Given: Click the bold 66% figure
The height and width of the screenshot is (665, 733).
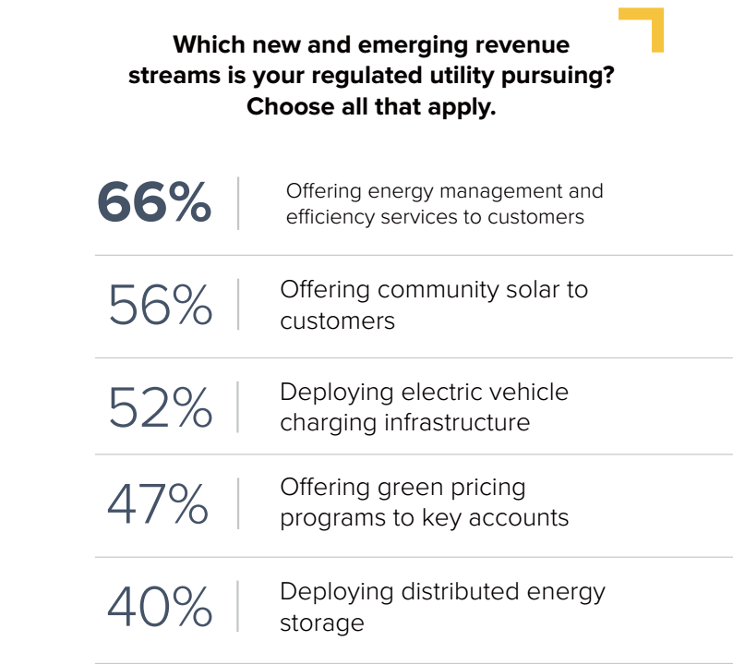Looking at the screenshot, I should pyautogui.click(x=154, y=203).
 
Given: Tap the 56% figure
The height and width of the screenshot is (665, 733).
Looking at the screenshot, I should pyautogui.click(x=160, y=305).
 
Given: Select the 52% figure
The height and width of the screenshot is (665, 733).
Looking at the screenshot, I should pyautogui.click(x=160, y=407).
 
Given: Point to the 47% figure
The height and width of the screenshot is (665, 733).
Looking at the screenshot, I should pyautogui.click(x=158, y=503).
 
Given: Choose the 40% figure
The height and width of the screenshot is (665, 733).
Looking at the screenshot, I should pyautogui.click(x=160, y=607).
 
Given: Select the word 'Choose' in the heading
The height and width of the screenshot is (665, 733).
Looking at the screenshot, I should pyautogui.click(x=292, y=107).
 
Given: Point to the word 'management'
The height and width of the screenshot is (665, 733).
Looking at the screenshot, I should pyautogui.click(x=500, y=191).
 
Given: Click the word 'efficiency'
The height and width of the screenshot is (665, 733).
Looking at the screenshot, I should pyautogui.click(x=329, y=217).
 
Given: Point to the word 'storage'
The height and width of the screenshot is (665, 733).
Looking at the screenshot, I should pyautogui.click(x=322, y=623).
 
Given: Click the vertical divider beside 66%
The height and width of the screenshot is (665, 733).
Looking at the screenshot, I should pyautogui.click(x=238, y=203).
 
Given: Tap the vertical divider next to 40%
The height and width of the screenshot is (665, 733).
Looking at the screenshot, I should pyautogui.click(x=238, y=607).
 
